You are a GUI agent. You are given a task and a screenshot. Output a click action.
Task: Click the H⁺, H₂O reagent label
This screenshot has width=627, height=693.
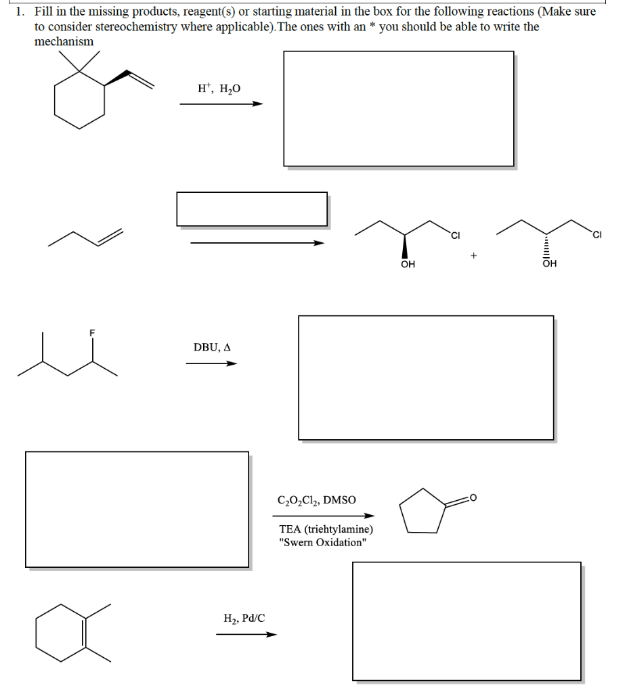(x=219, y=89)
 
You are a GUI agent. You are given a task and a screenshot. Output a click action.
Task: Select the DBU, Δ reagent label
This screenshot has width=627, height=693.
(x=212, y=347)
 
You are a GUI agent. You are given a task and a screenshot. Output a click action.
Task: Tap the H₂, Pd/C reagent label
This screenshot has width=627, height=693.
(x=244, y=617)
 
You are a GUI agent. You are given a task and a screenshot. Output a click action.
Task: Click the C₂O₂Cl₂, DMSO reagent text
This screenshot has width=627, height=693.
(x=316, y=501)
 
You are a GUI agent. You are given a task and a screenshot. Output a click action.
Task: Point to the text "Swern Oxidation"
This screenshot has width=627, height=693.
(x=322, y=542)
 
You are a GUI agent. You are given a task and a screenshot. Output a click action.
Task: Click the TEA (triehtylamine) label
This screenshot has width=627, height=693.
(x=325, y=529)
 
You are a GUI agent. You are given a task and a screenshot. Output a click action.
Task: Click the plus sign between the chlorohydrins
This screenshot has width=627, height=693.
(x=474, y=256)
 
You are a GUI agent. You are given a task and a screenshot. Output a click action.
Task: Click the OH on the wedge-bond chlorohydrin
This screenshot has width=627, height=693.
(x=408, y=265)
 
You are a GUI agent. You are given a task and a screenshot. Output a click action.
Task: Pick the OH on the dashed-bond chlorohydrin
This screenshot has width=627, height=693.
(x=549, y=265)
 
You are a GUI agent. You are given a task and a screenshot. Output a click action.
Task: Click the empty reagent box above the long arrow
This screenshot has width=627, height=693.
(x=252, y=208)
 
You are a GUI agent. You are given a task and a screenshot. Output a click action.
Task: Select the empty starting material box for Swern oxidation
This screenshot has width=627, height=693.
(x=137, y=509)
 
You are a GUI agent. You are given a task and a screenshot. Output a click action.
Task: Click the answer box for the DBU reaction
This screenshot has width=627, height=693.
(x=426, y=377)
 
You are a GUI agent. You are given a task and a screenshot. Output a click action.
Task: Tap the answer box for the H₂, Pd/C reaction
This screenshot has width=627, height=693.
(x=467, y=621)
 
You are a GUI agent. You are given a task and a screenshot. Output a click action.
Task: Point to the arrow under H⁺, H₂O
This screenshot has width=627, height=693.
(x=221, y=104)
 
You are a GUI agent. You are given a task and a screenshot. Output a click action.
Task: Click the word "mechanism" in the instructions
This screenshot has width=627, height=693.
(x=64, y=41)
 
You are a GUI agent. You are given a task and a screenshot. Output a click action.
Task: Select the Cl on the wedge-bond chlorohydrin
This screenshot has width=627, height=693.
(x=455, y=236)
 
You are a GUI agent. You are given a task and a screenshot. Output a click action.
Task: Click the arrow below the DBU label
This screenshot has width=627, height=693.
(x=212, y=363)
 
